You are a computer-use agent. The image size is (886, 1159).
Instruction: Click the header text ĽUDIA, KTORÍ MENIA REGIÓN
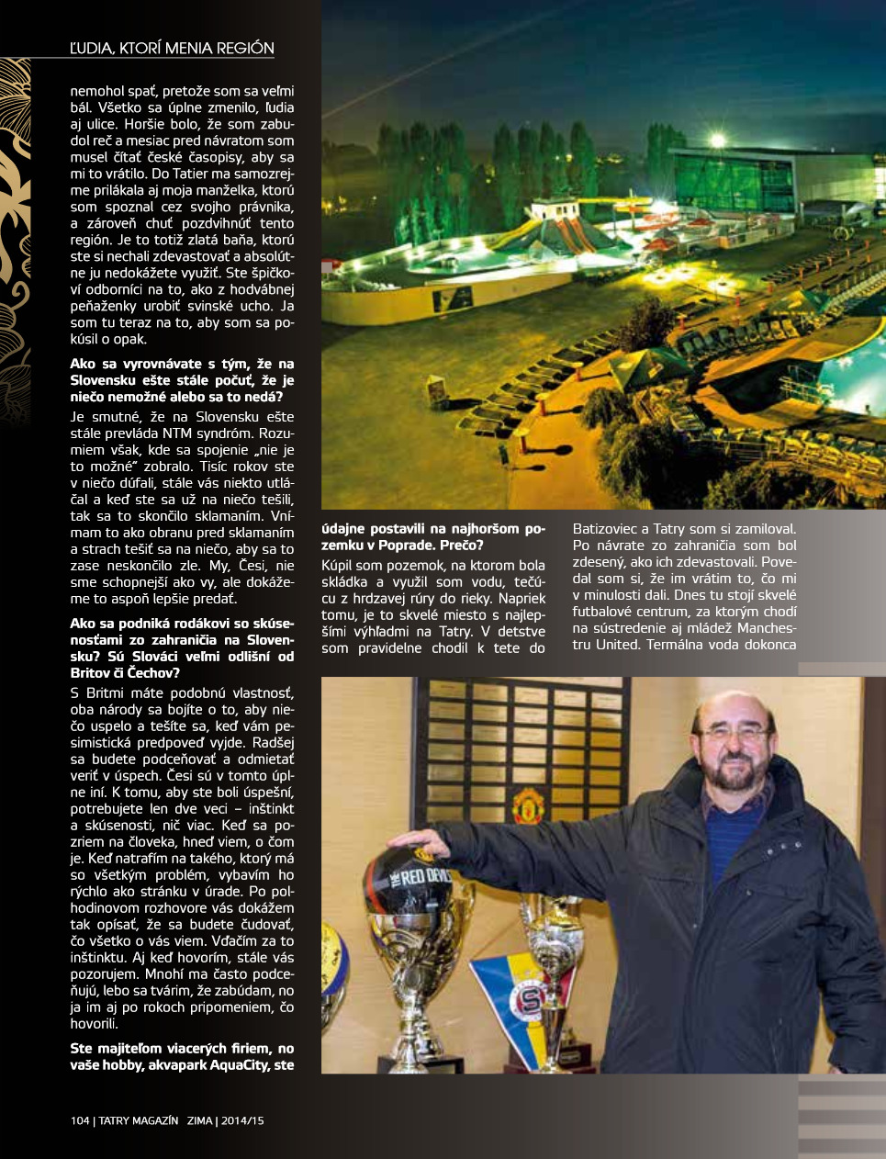(x=172, y=49)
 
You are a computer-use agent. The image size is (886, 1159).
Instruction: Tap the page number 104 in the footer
(x=80, y=1120)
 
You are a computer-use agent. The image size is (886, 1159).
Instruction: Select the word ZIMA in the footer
(x=199, y=1120)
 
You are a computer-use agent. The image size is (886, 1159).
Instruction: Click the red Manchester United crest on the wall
(x=528, y=805)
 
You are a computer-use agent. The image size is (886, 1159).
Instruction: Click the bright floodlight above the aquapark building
(x=717, y=141)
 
